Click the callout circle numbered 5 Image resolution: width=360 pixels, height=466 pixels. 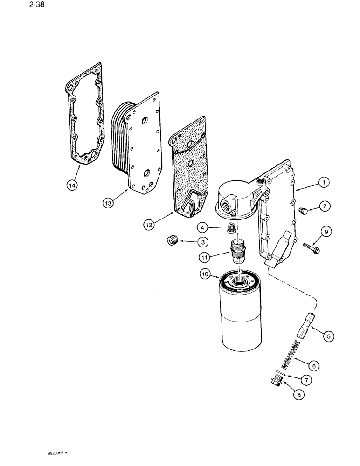[x=329, y=335]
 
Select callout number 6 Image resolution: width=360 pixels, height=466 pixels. [x=316, y=366]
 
